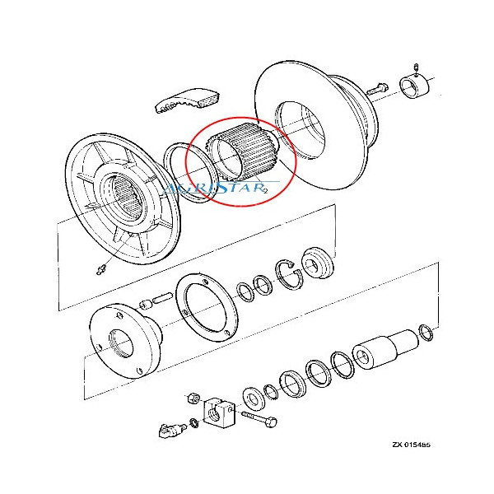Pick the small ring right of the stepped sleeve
pos(426,332)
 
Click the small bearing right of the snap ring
pos(316,262)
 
